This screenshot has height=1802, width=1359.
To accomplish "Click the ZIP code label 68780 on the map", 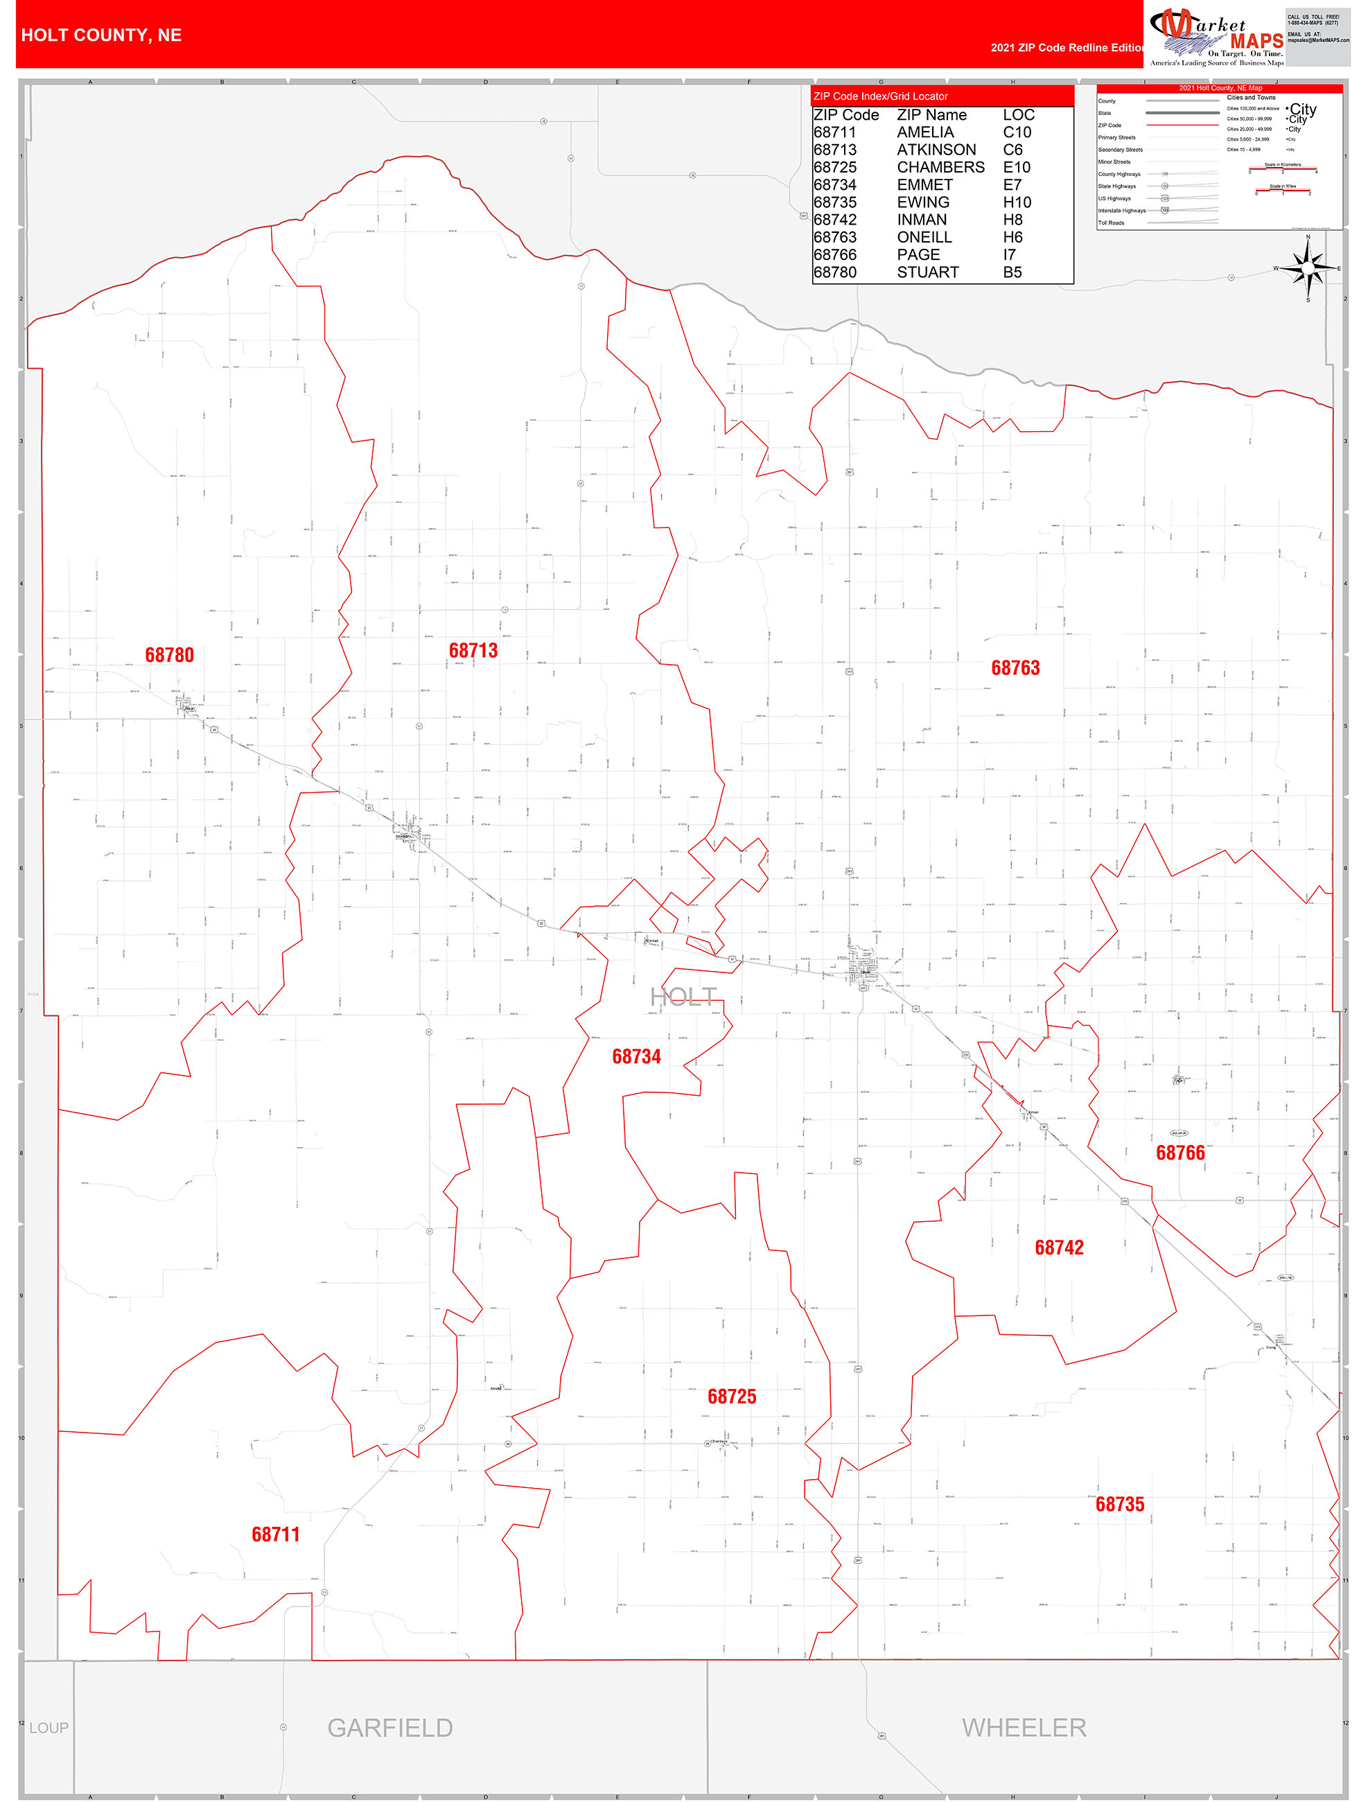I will click(x=170, y=655).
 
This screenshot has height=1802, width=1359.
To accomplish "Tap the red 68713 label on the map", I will click(x=473, y=650).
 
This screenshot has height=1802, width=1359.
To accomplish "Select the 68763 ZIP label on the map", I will click(x=1015, y=668).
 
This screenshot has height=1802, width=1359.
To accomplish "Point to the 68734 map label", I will click(x=636, y=1057).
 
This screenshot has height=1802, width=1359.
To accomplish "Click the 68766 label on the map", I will click(x=1180, y=1153).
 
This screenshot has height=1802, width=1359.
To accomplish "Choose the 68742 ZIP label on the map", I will click(x=1059, y=1248).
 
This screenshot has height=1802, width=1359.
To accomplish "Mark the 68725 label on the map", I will click(x=732, y=1397).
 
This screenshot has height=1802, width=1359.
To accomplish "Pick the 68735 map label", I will click(x=1119, y=1504).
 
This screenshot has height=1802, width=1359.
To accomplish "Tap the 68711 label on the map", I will click(x=275, y=1534).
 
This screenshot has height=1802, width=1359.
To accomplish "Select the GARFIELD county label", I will click(x=389, y=1727).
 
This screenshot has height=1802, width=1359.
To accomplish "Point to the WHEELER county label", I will click(x=1024, y=1727).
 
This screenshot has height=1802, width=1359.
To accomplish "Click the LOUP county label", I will click(x=49, y=1728).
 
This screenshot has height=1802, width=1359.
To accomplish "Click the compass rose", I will click(x=1308, y=268).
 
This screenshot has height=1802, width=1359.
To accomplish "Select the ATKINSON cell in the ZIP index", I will click(x=936, y=150).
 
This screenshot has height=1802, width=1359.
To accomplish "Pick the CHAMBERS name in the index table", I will click(x=940, y=167).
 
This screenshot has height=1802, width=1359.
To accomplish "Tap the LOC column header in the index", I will click(x=1019, y=115).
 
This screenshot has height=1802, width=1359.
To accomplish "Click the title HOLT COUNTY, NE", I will click(x=101, y=35).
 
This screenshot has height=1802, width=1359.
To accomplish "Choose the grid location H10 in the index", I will click(x=1017, y=202).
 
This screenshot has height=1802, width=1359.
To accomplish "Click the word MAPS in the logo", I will click(x=1256, y=42).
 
